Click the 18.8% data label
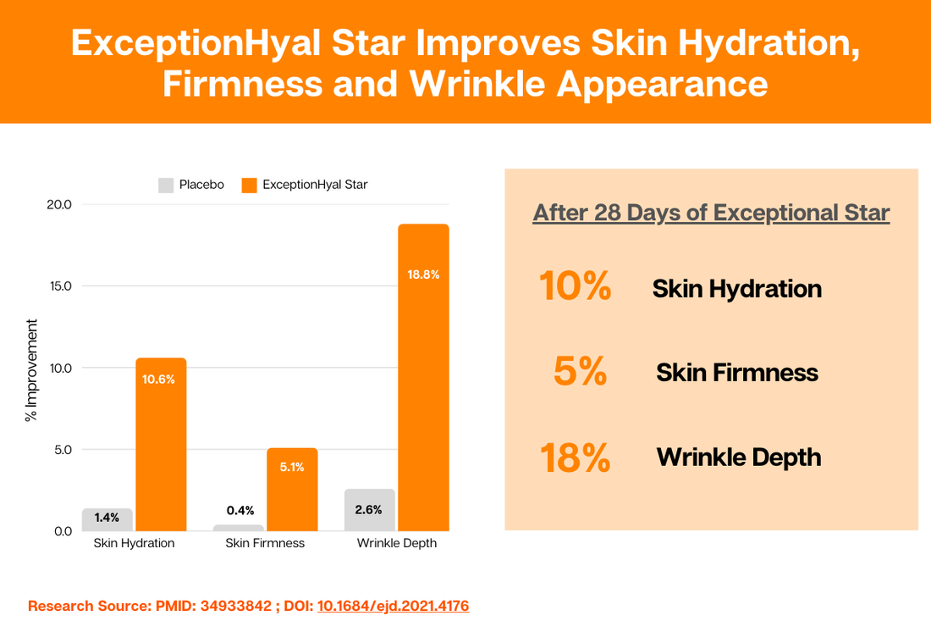click(423, 274)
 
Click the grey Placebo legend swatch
click(165, 185)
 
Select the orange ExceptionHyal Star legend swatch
click(249, 185)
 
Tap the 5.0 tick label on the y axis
click(62, 450)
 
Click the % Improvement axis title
click(31, 370)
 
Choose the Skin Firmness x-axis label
click(265, 543)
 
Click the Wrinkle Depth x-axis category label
click(396, 543)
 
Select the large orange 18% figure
click(575, 457)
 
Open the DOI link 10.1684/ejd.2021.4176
click(393, 606)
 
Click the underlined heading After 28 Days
click(711, 212)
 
